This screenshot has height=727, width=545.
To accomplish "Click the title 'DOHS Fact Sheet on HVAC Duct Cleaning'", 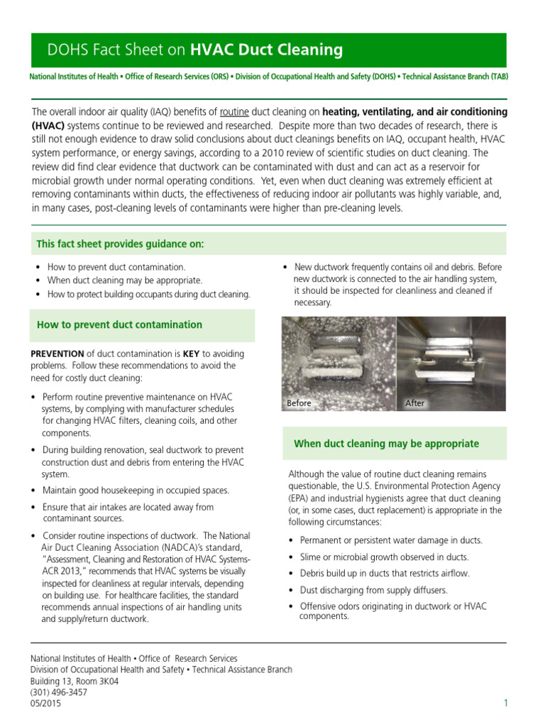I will [194, 50].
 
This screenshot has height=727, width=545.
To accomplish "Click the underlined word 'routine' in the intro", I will [234, 112].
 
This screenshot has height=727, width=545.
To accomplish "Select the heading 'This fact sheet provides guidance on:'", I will [120, 244].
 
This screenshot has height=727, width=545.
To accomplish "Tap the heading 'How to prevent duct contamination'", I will [119, 324].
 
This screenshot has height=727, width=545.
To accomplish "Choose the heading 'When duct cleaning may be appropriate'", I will [386, 444].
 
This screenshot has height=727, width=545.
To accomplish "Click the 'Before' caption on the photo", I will [299, 403].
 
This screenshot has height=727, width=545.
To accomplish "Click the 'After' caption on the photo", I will [414, 403].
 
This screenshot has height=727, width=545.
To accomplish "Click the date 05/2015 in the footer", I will [45, 704].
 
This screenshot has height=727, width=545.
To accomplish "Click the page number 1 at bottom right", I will [506, 703].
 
